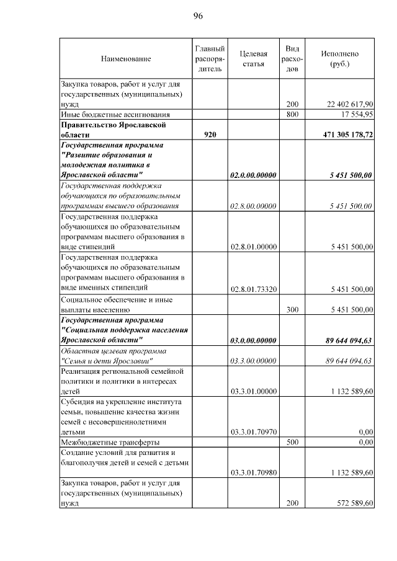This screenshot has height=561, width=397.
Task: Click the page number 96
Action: pyautogui.click(x=198, y=15)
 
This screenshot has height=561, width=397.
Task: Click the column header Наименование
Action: pyautogui.click(x=126, y=59)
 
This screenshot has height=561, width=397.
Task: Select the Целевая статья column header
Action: pyautogui.click(x=253, y=59)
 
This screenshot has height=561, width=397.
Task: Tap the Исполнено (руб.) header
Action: pyautogui.click(x=340, y=59)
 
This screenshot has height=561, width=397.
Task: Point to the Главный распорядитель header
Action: pyautogui.click(x=209, y=59)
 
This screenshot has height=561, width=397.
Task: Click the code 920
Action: pyautogui.click(x=210, y=135)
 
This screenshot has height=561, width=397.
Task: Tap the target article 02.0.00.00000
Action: pyautogui.click(x=253, y=175)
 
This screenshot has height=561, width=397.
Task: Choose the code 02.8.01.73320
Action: pyautogui.click(x=253, y=289)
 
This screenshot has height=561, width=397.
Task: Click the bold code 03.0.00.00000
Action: pyautogui.click(x=253, y=340)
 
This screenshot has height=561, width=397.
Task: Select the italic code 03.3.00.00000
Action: pyautogui.click(x=253, y=361)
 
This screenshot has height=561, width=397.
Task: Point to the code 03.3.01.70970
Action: pyautogui.click(x=253, y=431)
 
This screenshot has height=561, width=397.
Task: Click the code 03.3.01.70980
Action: pyautogui.click(x=253, y=472)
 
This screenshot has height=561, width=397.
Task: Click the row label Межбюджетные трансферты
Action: pyautogui.click(x=110, y=443)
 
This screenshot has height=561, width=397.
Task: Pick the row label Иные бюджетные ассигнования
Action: pyautogui.click(x=115, y=115)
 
